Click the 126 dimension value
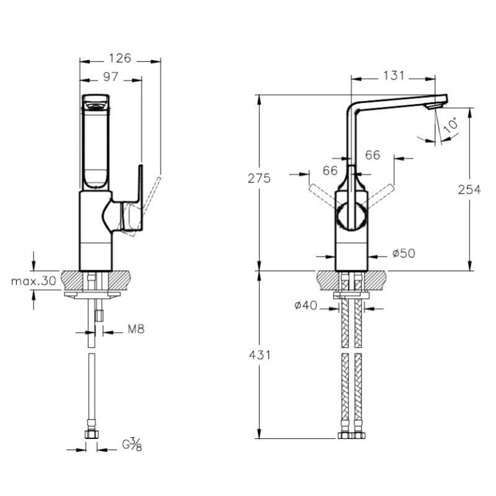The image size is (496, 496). (x=120, y=58)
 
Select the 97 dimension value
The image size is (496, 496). (x=111, y=77)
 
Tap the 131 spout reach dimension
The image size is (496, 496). (x=394, y=76)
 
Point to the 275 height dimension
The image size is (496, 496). (x=259, y=179)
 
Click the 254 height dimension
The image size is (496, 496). (x=469, y=190)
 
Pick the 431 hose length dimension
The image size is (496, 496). (x=259, y=355)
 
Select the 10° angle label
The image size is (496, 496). (x=451, y=125)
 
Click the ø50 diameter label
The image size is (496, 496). (x=404, y=253)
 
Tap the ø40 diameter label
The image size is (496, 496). (x=306, y=305)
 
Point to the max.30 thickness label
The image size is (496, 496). (x=34, y=281)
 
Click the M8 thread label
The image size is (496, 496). (x=136, y=329)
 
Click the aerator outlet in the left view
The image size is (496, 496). (x=95, y=105)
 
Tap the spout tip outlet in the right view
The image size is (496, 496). (x=434, y=107)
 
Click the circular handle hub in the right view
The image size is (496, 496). (x=352, y=216)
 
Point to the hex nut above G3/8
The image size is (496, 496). (x=91, y=434)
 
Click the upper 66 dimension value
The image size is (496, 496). (x=373, y=155)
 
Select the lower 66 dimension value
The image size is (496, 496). (x=330, y=170)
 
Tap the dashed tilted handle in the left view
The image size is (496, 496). (x=146, y=206)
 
